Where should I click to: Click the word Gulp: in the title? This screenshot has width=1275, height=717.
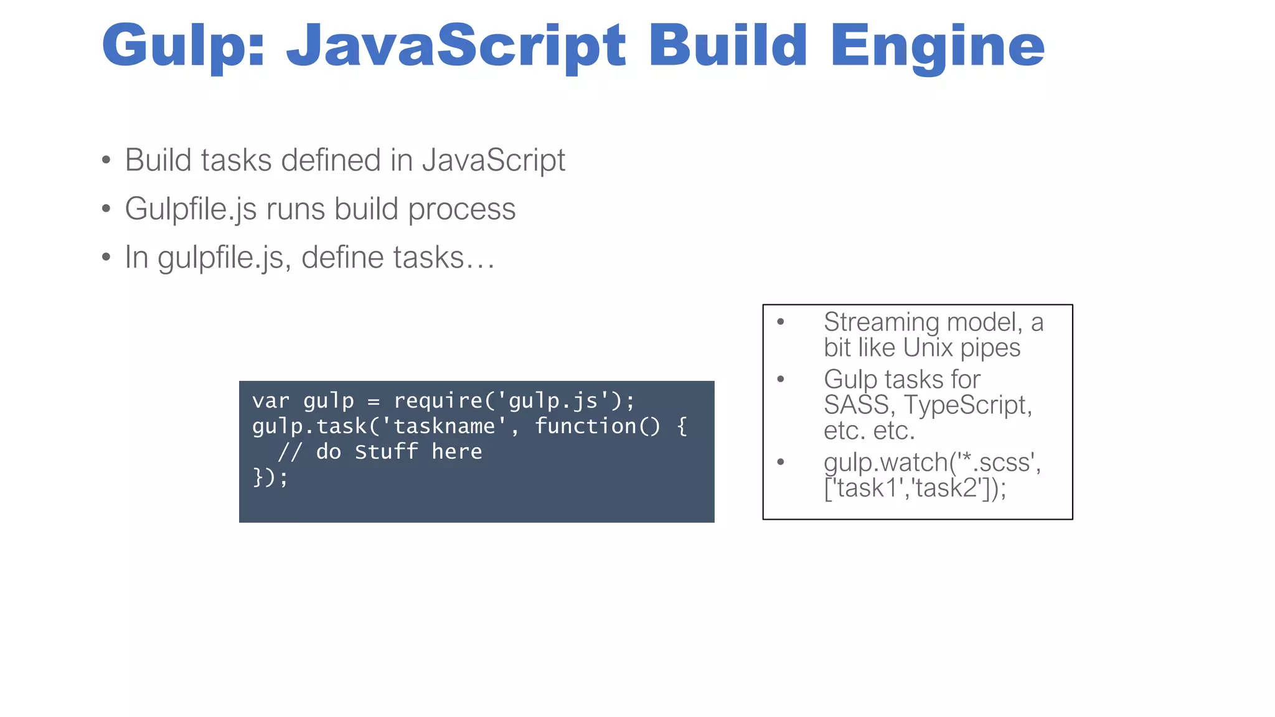point(184,46)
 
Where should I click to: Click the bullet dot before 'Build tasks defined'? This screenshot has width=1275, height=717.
point(106,161)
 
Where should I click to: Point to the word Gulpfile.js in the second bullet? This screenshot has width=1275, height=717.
point(191,209)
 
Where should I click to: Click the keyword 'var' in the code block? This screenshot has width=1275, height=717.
point(271,401)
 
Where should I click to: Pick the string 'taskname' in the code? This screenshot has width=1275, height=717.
point(445,426)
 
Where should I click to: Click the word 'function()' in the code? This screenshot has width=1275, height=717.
point(598,426)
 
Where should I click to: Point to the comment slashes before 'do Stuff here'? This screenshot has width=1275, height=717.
point(290,452)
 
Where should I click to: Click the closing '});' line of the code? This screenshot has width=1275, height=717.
point(271,477)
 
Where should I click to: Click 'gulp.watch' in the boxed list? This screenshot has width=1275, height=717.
point(885,462)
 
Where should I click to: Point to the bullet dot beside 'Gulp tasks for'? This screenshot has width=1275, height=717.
point(781,379)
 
